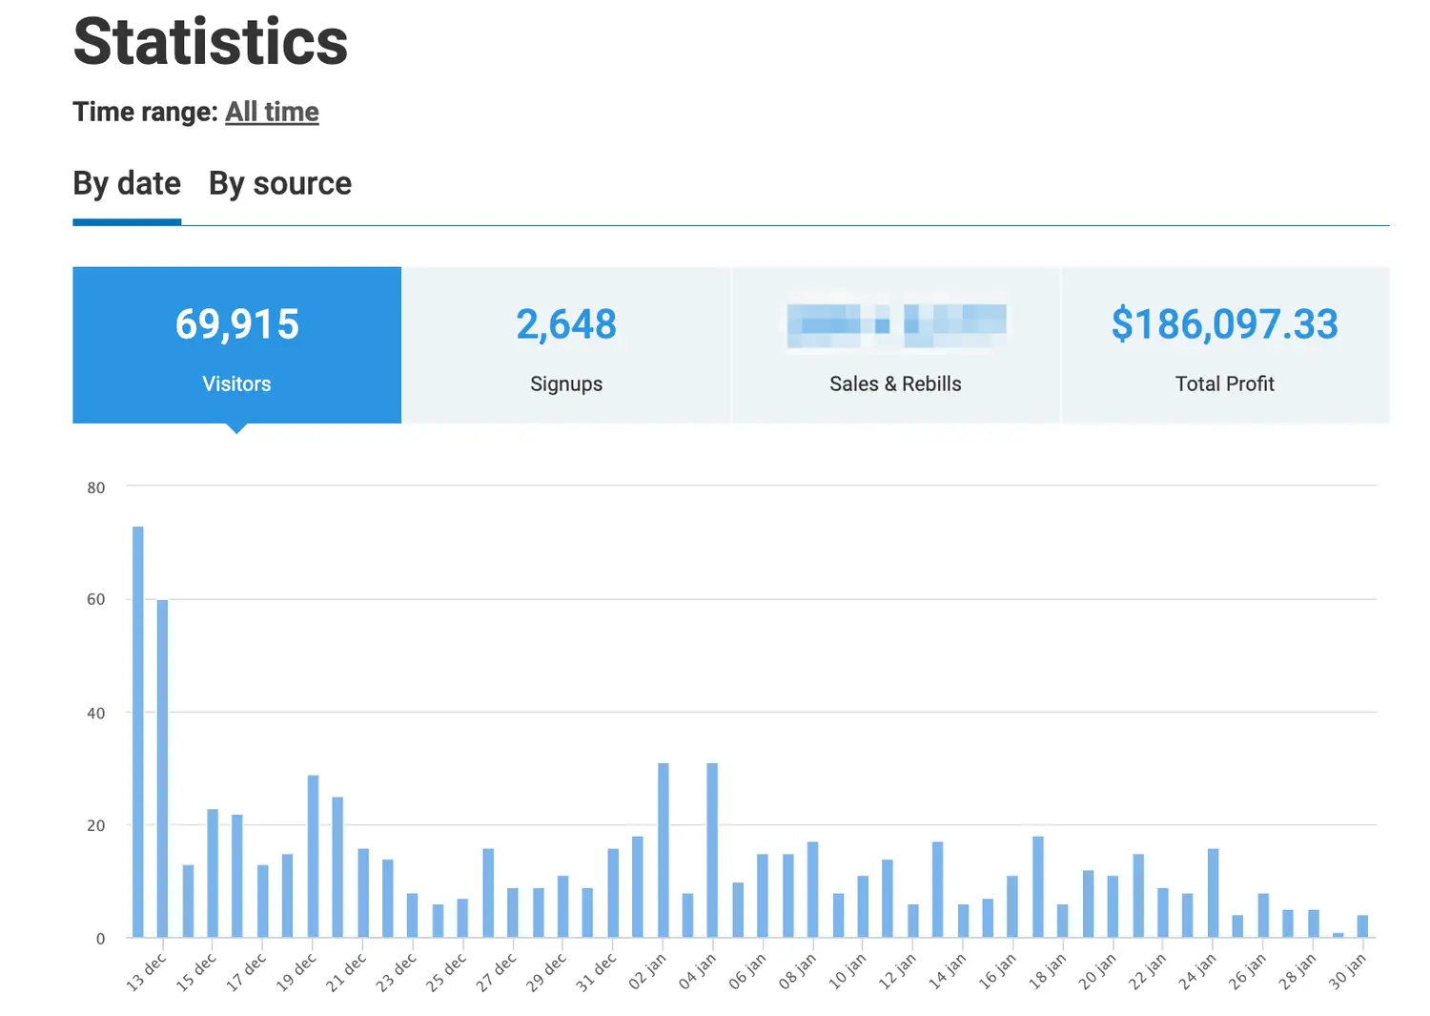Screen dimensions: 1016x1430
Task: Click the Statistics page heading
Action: (211, 42)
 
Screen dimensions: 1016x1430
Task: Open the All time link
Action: (272, 112)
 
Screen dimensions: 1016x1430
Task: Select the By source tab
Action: (280, 183)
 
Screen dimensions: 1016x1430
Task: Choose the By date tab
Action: (127, 183)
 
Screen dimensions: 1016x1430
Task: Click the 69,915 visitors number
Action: (236, 324)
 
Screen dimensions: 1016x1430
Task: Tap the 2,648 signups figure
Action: (566, 324)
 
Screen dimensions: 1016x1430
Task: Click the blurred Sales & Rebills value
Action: (896, 324)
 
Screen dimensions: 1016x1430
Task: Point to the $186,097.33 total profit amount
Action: (1224, 324)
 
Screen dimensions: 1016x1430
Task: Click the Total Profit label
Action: (1224, 384)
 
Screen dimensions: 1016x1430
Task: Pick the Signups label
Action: (566, 384)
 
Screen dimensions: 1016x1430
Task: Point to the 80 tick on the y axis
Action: (95, 487)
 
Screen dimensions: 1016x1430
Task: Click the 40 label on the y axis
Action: (95, 713)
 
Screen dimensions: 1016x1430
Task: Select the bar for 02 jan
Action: (663, 850)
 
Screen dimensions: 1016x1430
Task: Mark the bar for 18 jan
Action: (1062, 921)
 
